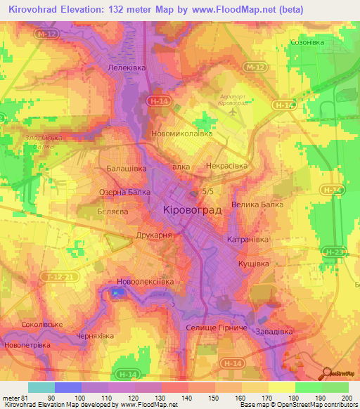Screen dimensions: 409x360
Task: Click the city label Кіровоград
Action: [192, 210]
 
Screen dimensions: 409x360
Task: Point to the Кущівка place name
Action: [250, 263]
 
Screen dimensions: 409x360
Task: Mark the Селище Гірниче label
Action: [216, 329]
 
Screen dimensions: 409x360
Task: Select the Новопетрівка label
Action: [27, 346]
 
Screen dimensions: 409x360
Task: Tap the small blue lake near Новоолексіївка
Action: [116, 293]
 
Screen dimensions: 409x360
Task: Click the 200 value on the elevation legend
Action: [344, 398]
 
